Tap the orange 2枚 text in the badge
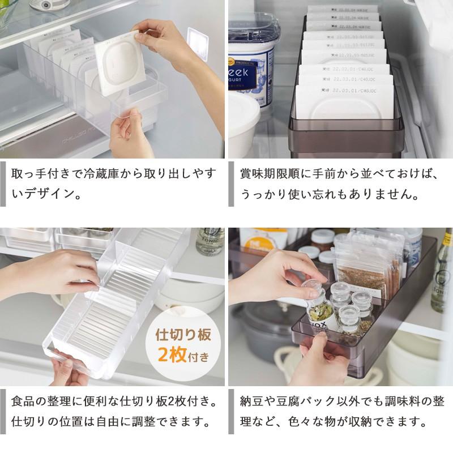pyautogui.click(x=173, y=356)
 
